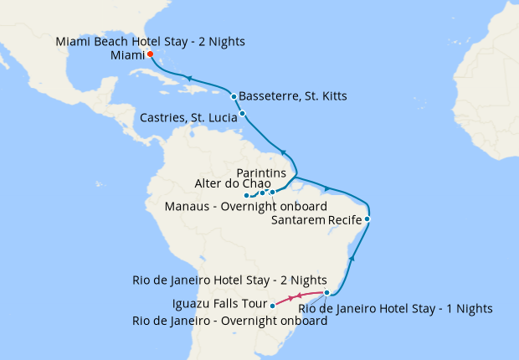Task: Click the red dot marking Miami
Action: click(x=150, y=54)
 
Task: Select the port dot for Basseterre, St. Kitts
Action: click(x=234, y=96)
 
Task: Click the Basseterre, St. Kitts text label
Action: click(x=293, y=96)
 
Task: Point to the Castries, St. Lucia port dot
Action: click(x=242, y=113)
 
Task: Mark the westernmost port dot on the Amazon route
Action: click(x=246, y=196)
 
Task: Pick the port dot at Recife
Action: click(x=367, y=219)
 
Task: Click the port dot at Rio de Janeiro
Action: click(x=326, y=293)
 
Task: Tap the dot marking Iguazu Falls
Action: click(x=273, y=306)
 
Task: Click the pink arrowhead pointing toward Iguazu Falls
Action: click(x=291, y=298)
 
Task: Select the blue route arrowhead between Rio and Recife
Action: click(x=352, y=259)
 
